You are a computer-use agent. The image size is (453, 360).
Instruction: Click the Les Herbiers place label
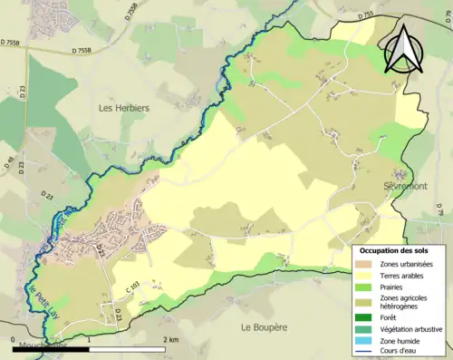coord(123,108)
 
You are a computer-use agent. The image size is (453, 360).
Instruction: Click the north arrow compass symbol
coord(403,49)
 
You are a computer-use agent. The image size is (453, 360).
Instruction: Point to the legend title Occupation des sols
coord(394,249)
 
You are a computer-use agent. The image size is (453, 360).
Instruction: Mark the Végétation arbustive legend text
coord(412,328)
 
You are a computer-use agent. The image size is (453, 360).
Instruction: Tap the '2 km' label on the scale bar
coord(170,340)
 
